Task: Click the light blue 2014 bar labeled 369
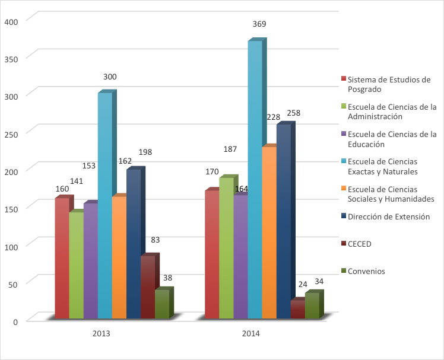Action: [x=255, y=178]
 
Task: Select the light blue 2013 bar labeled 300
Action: [x=104, y=205]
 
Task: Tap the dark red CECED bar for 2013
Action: [x=147, y=287]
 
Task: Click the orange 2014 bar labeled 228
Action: [x=269, y=231]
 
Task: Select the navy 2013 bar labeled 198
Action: [x=133, y=243]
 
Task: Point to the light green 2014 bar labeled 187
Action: [x=226, y=247]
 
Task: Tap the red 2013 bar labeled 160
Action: [x=62, y=258]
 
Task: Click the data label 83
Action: [x=155, y=240]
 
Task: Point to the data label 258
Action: [x=293, y=113]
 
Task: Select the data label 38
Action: [x=168, y=278]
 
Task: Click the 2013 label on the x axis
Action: [x=101, y=334]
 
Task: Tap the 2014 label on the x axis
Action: [x=251, y=334]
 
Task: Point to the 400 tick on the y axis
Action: [x=12, y=21]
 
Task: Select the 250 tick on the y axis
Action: [x=12, y=133]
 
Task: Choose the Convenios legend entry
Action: [x=366, y=271]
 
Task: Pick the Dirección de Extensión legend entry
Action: [x=388, y=216]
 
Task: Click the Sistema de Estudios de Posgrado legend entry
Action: [x=388, y=84]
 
